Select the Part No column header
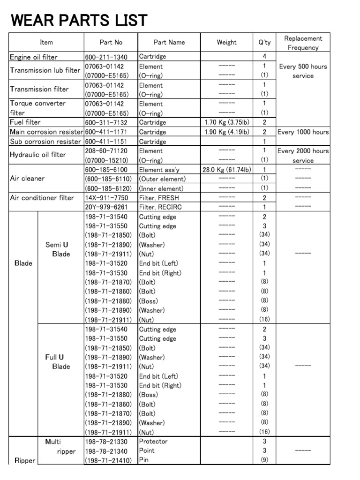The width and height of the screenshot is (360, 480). point(111,42)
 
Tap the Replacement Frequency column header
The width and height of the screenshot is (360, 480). point(303,43)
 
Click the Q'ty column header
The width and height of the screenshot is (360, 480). point(264,42)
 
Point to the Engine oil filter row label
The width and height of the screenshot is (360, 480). point(34,57)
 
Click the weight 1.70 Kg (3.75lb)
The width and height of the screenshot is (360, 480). point(227,122)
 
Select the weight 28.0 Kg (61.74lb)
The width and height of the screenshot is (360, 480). point(227,170)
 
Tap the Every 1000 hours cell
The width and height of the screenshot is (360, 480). point(303,132)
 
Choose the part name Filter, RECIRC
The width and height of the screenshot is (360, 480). point(160,207)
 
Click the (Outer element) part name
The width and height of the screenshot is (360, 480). point(162,179)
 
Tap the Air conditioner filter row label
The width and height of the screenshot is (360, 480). point(42,198)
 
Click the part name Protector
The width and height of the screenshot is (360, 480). point(153,442)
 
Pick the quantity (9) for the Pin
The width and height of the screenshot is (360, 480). point(264,460)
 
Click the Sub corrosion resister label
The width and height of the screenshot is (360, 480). point(45,142)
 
